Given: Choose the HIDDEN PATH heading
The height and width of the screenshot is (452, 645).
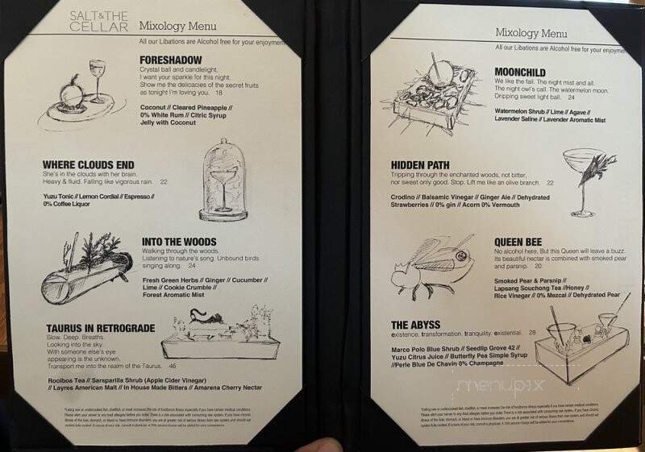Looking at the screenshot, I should (426, 164).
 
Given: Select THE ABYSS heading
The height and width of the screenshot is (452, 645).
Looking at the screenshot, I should (418, 325).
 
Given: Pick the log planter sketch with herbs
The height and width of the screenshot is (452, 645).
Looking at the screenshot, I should (86, 276).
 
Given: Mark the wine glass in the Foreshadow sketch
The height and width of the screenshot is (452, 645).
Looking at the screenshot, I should (98, 77).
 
